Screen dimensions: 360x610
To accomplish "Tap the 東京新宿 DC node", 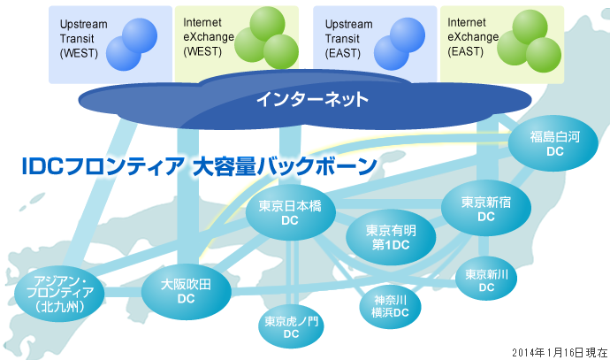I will click(x=485, y=208).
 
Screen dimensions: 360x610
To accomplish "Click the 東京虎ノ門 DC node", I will click(x=291, y=326).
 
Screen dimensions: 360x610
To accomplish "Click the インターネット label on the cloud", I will click(x=312, y=99).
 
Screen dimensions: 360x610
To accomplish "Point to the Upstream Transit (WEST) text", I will click(x=84, y=39).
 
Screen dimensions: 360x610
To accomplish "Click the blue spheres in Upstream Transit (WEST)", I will click(x=133, y=44).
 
